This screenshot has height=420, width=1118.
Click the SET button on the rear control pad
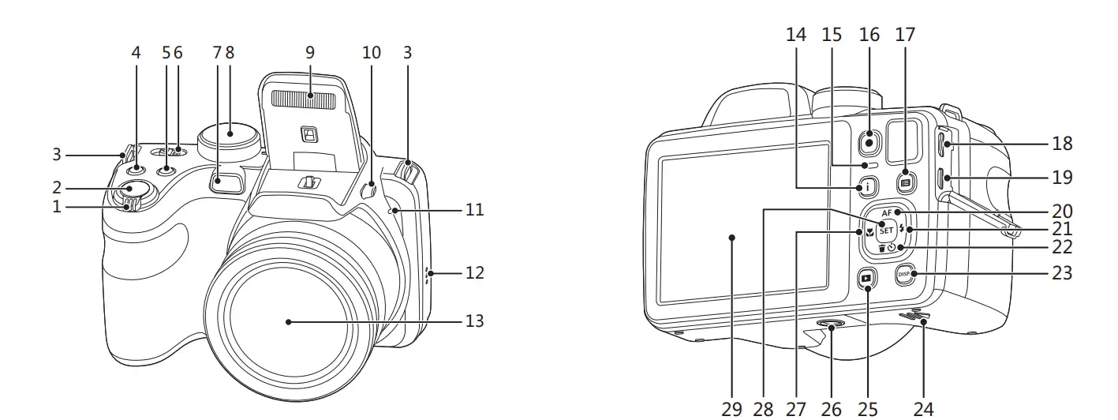pos(885,231)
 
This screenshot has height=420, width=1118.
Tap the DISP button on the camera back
pos(904,274)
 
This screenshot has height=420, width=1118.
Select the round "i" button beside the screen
pos(867,187)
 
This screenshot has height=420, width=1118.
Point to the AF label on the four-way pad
pos(886,213)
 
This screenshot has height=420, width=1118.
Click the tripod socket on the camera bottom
pos(831,324)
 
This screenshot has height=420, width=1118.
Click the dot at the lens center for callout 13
pos(289,321)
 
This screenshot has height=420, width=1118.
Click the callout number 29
pos(731,408)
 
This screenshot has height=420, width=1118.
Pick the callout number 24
pos(923,408)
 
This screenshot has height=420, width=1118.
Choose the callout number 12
pos(473,273)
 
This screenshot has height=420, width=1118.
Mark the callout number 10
pos(371,53)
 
